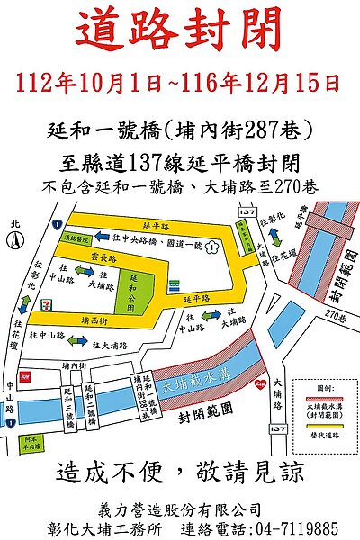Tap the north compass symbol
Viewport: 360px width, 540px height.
[x=15, y=238]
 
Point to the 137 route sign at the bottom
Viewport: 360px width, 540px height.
[x=278, y=429]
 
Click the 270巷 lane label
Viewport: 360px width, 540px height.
[x=335, y=316]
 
